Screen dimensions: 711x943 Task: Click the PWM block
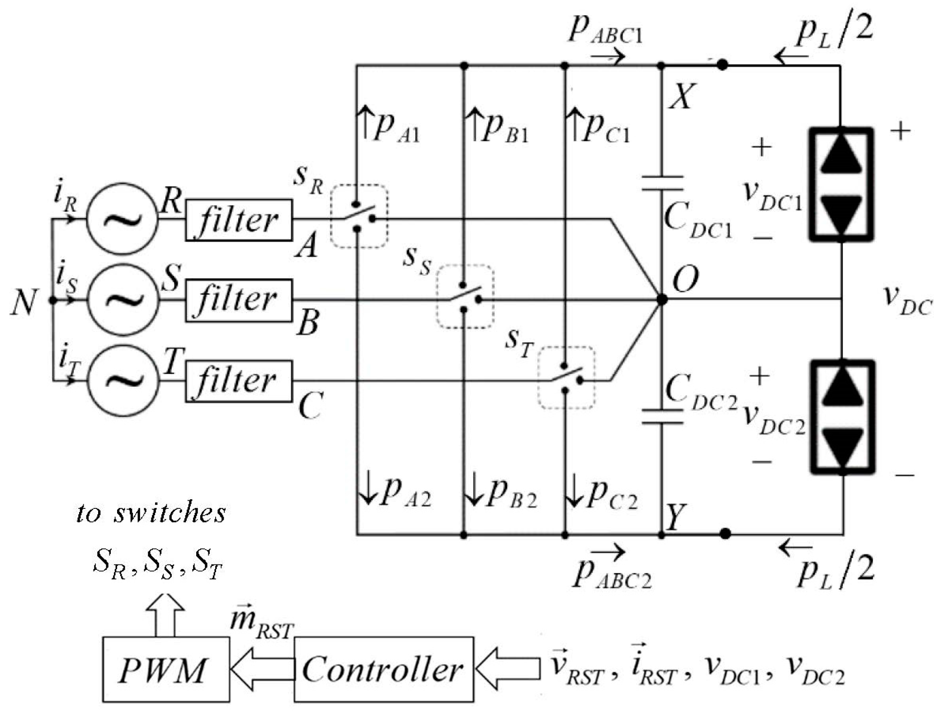click(165, 669)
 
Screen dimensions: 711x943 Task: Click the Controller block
click(383, 669)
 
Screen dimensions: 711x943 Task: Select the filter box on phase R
click(239, 220)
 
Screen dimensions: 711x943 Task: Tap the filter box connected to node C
click(239, 381)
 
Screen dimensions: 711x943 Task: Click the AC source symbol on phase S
click(123, 300)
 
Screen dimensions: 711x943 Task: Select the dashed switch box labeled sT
click(566, 378)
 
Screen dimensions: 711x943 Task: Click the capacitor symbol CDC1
click(662, 184)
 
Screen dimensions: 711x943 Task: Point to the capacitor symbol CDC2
click(662, 417)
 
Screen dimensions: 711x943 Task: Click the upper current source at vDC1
click(841, 184)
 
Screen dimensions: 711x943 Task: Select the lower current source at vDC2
click(842, 417)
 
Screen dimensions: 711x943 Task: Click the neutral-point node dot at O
click(662, 299)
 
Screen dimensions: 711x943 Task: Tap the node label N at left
click(24, 302)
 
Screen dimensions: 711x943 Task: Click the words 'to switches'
click(151, 513)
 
